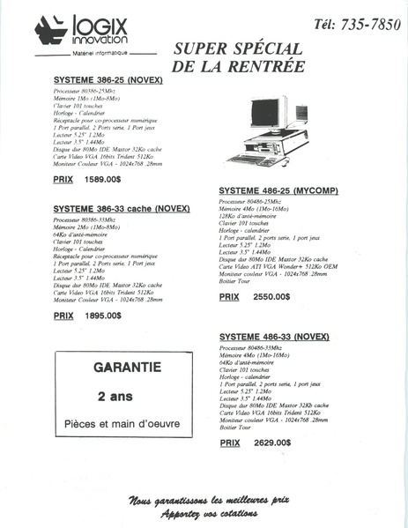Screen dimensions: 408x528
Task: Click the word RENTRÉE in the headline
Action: click(261, 66)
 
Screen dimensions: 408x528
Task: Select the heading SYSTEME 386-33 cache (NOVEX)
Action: click(117, 210)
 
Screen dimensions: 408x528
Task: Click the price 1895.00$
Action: click(102, 315)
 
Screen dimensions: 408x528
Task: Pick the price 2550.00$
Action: click(271, 298)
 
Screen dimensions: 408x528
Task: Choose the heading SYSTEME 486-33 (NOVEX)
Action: click(273, 338)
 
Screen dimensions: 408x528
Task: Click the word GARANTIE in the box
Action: click(122, 365)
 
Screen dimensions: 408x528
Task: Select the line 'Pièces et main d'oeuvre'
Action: click(122, 423)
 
